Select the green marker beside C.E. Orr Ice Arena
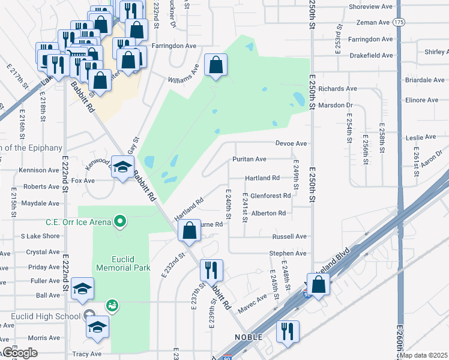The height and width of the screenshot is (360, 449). click(x=120, y=223)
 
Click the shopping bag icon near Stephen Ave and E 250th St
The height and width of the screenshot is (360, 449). click(x=319, y=284)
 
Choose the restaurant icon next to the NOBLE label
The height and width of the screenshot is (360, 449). click(x=288, y=331)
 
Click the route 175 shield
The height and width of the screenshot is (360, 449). click(x=399, y=22)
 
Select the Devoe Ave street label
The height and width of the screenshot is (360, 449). click(x=291, y=143)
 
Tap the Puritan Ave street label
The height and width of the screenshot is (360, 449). click(x=249, y=159)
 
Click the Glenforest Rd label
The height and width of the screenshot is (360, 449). click(x=270, y=196)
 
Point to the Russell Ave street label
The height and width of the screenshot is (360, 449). click(x=290, y=236)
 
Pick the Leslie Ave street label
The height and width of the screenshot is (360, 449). click(x=421, y=137)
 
